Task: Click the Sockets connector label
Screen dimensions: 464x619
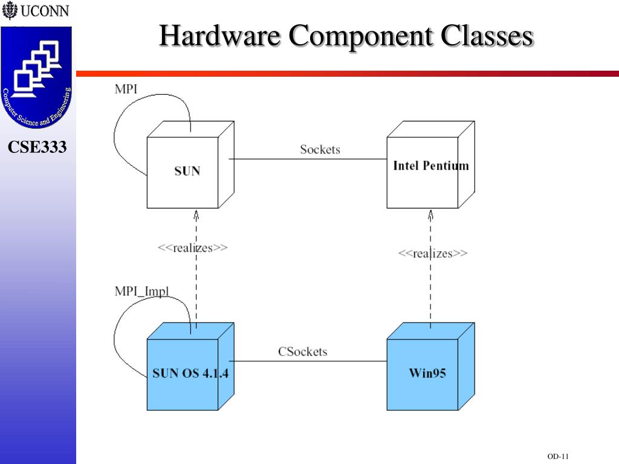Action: coord(320,149)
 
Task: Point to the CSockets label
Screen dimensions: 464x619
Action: coord(302,351)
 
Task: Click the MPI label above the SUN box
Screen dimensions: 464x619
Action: coord(126,89)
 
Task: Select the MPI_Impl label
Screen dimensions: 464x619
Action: coord(142,292)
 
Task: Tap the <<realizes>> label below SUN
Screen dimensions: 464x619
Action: coord(192,248)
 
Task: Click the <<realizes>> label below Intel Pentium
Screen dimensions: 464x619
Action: coord(432,253)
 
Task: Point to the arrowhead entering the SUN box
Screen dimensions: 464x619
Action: coord(196,214)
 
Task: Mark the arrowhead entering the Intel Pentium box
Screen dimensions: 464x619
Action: coord(430,214)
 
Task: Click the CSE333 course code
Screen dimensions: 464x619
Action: coord(37,147)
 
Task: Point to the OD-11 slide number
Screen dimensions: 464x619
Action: coord(559,456)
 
